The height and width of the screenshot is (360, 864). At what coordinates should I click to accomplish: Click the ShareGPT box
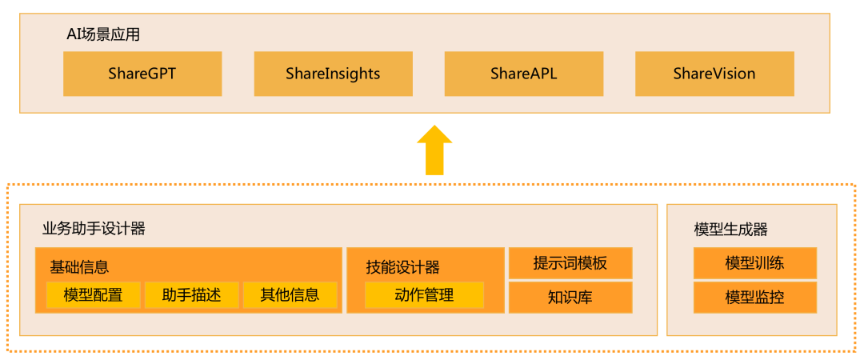(142, 74)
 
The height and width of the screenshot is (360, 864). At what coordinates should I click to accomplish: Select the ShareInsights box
(333, 74)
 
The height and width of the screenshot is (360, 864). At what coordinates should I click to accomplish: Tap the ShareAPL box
(523, 74)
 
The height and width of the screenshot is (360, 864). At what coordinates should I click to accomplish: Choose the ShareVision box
(714, 74)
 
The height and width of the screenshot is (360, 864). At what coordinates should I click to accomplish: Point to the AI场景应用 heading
(103, 34)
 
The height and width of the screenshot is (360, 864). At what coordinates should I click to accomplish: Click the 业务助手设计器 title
(94, 229)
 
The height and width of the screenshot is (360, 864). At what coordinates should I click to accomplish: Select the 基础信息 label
(79, 266)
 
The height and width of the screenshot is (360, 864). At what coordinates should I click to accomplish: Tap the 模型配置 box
(94, 294)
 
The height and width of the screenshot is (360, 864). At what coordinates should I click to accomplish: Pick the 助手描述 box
(192, 294)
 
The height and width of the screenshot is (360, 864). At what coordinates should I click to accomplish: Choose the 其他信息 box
(290, 294)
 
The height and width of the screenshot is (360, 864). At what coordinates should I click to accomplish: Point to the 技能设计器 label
(403, 267)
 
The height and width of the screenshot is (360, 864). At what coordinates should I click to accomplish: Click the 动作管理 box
(424, 294)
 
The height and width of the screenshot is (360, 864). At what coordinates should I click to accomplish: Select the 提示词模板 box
(570, 263)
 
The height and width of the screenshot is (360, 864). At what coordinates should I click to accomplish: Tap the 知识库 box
(570, 297)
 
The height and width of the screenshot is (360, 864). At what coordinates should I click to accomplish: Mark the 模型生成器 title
(730, 230)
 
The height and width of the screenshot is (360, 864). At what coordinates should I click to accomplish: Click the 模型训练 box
(754, 263)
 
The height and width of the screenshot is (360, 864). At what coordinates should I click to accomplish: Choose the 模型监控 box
(754, 298)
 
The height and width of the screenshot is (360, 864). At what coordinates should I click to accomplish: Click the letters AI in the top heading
(74, 34)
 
